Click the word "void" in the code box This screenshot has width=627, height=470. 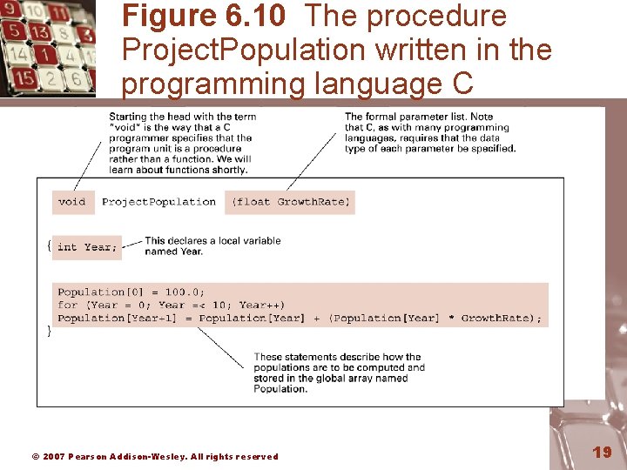pyautogui.click(x=72, y=202)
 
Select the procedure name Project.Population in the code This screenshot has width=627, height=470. pyautogui.click(x=158, y=202)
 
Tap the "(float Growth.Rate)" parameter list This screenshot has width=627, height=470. pyautogui.click(x=290, y=202)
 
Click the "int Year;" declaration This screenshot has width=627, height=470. pyautogui.click(x=86, y=247)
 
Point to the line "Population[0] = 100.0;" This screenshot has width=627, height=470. pyautogui.click(x=131, y=292)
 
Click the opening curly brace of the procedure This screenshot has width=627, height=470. pyautogui.click(x=49, y=246)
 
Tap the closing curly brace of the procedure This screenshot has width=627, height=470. pyautogui.click(x=49, y=331)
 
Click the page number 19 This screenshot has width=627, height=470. pyautogui.click(x=602, y=452)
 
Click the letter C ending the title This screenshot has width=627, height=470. pyautogui.click(x=462, y=84)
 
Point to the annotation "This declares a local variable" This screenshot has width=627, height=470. pyautogui.click(x=212, y=241)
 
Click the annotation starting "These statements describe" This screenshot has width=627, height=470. pyautogui.click(x=338, y=357)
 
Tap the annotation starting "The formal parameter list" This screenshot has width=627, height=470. pyautogui.click(x=419, y=117)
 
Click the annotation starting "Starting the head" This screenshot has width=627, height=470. pyautogui.click(x=182, y=117)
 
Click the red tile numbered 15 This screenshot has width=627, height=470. pyautogui.click(x=24, y=77)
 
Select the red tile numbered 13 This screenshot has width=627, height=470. pyautogui.click(x=39, y=32)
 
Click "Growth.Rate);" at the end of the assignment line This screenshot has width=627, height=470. pyautogui.click(x=501, y=319)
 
